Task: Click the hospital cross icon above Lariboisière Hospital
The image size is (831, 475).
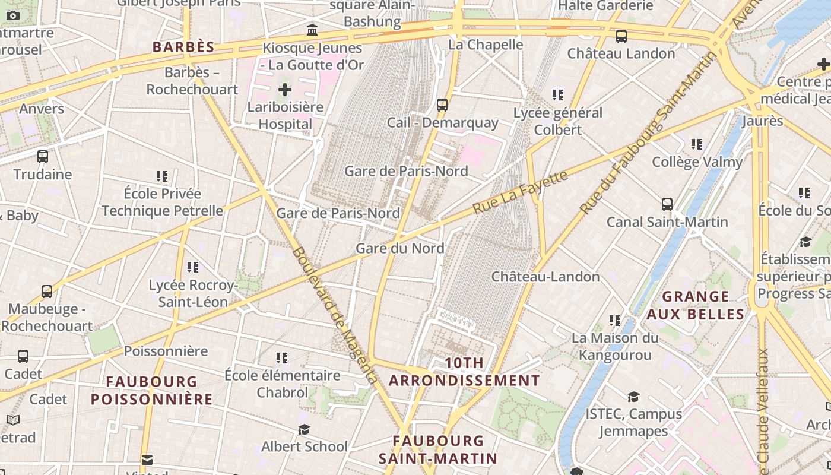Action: tap(285, 90)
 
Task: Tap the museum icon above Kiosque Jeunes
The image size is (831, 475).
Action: tap(312, 30)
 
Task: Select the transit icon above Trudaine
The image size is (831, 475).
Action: tap(43, 157)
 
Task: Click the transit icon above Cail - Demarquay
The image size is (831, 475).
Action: tap(442, 105)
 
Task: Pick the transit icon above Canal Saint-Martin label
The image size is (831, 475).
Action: tap(667, 204)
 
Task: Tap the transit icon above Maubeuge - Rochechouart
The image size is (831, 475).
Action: tap(47, 292)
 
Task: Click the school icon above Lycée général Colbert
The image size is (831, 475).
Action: tap(557, 95)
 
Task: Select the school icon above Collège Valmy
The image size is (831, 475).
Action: tap(697, 144)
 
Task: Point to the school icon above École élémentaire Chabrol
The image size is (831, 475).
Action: tap(282, 357)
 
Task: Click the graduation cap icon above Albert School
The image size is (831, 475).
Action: tap(305, 429)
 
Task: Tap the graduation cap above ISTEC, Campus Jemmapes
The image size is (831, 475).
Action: tap(633, 397)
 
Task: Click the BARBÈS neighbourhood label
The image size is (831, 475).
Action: tap(183, 47)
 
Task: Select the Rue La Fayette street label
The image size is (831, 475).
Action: tap(520, 192)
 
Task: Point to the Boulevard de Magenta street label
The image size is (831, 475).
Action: tap(334, 315)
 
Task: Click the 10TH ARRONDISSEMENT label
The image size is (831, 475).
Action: tap(464, 372)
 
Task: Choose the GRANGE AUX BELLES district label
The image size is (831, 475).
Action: tap(695, 305)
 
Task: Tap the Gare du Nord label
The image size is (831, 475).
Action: tap(399, 248)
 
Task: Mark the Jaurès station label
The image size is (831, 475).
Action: tap(762, 121)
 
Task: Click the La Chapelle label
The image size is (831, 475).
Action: tap(486, 45)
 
